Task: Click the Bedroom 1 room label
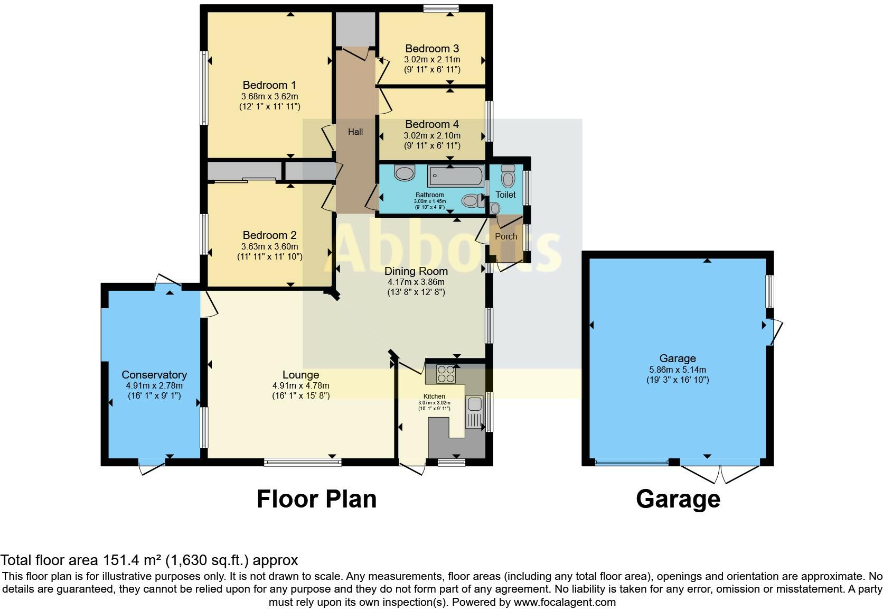(x=269, y=85)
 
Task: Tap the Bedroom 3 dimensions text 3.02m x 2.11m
(x=432, y=60)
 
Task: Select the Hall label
(x=355, y=132)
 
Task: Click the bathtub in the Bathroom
(x=455, y=176)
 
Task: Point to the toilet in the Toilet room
(x=508, y=177)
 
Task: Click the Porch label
(x=506, y=236)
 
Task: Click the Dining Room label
(x=416, y=271)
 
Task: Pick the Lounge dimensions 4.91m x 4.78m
(x=301, y=386)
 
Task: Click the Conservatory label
(x=154, y=375)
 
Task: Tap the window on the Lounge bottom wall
(x=303, y=462)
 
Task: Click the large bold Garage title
(x=678, y=499)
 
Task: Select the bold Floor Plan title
(x=316, y=499)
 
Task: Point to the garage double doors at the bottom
(x=720, y=472)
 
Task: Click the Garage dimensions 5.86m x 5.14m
(x=678, y=370)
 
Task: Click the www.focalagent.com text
(x=565, y=602)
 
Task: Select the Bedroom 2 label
(x=269, y=235)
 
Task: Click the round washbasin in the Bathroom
(x=405, y=172)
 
